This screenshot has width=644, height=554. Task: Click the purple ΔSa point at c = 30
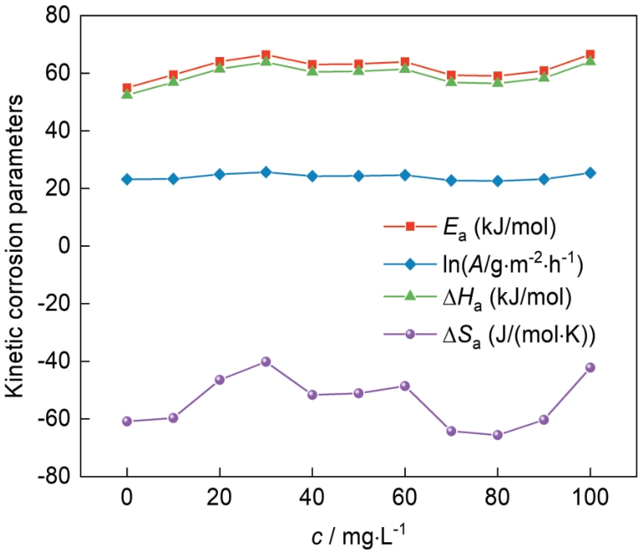pos(266,361)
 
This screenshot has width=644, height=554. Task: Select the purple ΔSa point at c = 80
pos(497,435)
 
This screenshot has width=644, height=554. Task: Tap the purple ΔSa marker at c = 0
pos(127,421)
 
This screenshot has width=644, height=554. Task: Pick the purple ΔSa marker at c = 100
pos(589,368)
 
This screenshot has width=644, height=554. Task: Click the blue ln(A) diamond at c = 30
pos(266,172)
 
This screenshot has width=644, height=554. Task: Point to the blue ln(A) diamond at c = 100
pos(589,173)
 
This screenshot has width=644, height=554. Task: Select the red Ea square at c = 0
pos(127,88)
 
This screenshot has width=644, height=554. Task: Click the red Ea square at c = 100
pos(589,55)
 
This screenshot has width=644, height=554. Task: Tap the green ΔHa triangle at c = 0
pos(127,94)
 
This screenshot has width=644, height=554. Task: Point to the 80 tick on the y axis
pos(56,16)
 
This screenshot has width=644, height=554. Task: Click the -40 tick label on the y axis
pos(52,361)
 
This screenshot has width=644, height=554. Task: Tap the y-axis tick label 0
pos(62,246)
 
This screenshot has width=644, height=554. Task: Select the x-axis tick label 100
pos(589,497)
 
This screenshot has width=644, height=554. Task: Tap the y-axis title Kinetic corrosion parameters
pos(18,246)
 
